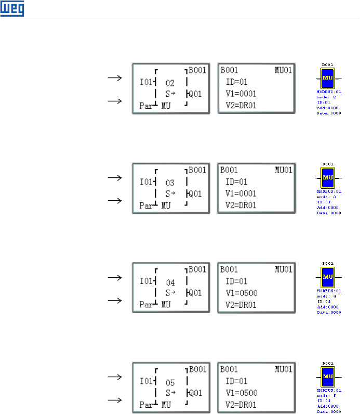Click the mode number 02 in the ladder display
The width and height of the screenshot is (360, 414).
(171, 83)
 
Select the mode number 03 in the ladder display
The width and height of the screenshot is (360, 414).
(171, 183)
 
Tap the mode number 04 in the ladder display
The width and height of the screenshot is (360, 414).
(171, 282)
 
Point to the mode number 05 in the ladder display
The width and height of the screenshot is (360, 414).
(171, 382)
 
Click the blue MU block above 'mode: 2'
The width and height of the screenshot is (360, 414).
(328, 79)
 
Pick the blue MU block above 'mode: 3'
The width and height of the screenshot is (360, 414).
(328, 178)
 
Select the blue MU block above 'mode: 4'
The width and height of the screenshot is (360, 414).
(328, 277)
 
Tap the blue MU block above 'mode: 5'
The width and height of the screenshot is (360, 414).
(328, 377)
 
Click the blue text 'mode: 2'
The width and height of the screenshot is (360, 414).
(327, 96)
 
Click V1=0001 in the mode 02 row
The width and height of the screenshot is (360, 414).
(242, 94)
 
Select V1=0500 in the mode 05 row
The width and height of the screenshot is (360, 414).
(242, 393)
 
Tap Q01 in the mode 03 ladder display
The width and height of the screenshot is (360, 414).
(195, 193)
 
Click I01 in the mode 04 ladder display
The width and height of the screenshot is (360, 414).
(147, 281)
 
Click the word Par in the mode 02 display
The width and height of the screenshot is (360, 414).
(148, 106)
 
